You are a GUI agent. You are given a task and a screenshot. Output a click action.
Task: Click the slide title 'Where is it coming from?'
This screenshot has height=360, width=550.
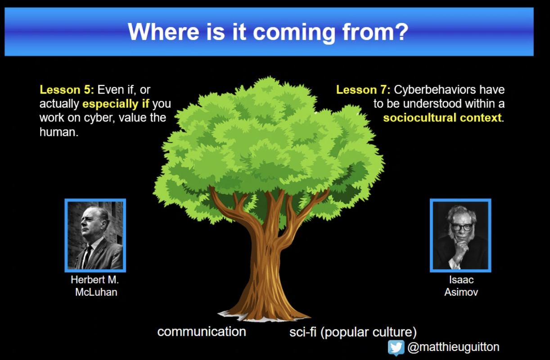(268, 32)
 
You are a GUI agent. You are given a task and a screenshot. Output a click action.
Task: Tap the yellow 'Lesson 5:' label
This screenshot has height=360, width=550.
(67, 90)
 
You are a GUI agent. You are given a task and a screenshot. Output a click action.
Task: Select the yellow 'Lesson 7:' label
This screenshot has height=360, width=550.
(363, 90)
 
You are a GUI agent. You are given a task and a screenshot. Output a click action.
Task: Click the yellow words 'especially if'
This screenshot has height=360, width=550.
(116, 104)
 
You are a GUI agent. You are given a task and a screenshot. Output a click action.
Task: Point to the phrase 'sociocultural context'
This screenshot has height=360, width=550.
(442, 117)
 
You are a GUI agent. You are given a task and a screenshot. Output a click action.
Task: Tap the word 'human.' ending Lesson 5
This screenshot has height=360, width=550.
(59, 132)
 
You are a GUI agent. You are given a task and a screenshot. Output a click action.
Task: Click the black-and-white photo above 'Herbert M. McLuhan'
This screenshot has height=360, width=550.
(95, 235)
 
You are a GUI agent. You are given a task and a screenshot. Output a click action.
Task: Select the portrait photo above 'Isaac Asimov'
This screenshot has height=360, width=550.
(460, 235)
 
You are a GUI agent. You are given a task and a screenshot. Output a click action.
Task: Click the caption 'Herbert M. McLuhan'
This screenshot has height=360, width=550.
(95, 286)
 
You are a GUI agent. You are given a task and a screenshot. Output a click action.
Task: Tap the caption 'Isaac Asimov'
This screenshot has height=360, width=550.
(461, 286)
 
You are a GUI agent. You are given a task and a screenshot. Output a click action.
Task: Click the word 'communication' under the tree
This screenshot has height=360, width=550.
(202, 332)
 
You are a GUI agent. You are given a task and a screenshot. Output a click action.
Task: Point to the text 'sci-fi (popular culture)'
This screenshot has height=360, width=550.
(353, 332)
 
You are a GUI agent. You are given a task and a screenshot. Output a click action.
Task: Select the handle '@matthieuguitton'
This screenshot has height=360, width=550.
(453, 347)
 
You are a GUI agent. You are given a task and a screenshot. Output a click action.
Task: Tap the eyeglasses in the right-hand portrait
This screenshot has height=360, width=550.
(461, 227)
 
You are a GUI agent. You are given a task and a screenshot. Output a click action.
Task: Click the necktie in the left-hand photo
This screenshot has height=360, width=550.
(87, 256)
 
